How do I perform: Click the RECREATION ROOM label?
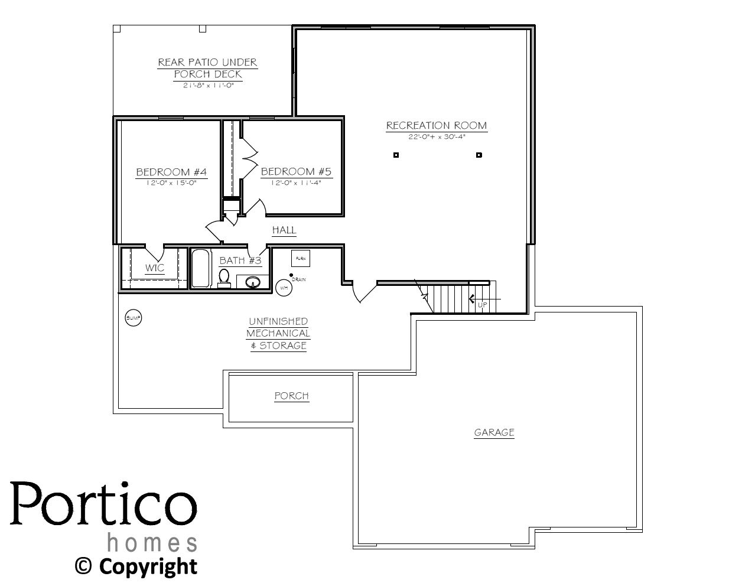(x=437, y=125)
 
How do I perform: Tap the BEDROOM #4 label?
(x=171, y=172)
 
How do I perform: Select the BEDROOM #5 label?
(x=296, y=171)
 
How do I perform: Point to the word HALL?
(x=284, y=230)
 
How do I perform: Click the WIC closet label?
(x=155, y=268)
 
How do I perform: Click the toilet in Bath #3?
(x=224, y=277)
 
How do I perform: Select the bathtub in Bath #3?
(x=200, y=269)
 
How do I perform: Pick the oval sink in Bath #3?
(x=253, y=282)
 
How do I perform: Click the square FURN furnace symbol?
(x=301, y=258)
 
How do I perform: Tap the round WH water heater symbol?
(x=284, y=288)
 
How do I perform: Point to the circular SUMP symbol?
(x=134, y=318)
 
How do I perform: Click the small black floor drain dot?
(x=291, y=275)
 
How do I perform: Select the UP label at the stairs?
(x=482, y=305)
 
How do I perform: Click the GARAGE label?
(x=494, y=432)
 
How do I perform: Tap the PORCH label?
(x=291, y=396)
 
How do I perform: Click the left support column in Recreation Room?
(x=396, y=155)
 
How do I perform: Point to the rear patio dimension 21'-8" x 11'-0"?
(x=207, y=85)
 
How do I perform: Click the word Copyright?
(x=148, y=566)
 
